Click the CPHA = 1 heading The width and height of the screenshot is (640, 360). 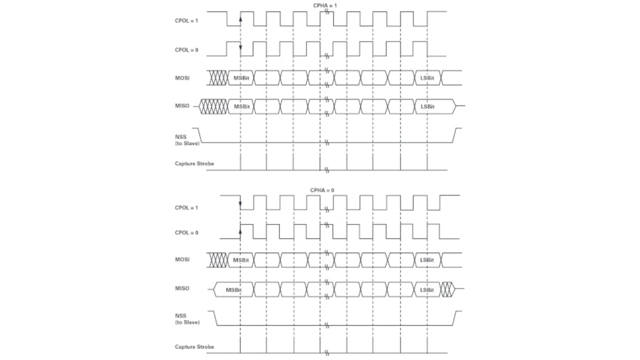click(325, 5)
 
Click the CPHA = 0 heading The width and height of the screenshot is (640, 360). click(322, 190)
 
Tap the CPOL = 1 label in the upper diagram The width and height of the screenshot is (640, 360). click(186, 21)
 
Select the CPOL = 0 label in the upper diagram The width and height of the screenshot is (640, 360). click(186, 50)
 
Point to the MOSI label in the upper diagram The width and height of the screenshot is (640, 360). click(182, 78)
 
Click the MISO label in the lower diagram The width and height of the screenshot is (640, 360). click(182, 288)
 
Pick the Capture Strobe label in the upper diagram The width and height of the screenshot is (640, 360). click(194, 163)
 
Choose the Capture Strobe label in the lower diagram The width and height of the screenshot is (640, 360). click(194, 347)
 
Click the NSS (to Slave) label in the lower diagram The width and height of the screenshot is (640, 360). click(187, 319)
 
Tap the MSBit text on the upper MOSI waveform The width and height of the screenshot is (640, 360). click(241, 78)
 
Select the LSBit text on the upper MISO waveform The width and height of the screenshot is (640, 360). click(427, 106)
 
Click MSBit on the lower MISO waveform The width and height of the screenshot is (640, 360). click(233, 290)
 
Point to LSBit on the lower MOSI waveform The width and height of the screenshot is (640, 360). click(427, 260)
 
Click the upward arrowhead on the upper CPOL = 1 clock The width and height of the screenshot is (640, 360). click(240, 19)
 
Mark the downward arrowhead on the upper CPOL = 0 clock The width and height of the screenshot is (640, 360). click(240, 47)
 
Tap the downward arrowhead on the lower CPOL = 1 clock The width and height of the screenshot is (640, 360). click(240, 204)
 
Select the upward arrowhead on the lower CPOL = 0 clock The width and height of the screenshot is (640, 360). click(240, 231)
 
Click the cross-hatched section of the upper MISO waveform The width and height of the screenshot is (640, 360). click(213, 106)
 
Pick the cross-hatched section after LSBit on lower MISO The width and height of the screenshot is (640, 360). click(447, 289)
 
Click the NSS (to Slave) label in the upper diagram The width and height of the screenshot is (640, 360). click(187, 140)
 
